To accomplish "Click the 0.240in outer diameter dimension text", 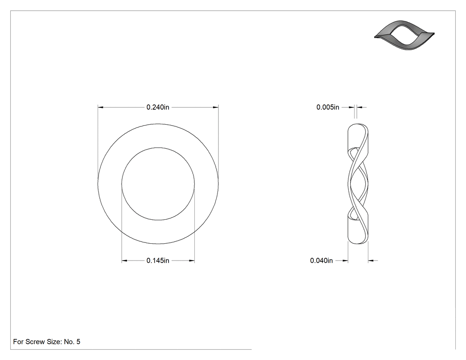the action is click(158, 107).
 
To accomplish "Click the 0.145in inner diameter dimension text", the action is click(158, 261).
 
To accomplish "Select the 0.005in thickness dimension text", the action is click(328, 107).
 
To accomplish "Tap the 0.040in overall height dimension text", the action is click(321, 261).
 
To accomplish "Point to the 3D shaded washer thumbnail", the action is click(404, 35).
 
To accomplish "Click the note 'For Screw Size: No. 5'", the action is click(47, 342).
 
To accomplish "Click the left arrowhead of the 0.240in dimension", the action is click(100, 107).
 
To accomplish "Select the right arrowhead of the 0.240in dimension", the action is click(216, 107).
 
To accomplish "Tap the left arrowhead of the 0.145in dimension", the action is click(124, 261).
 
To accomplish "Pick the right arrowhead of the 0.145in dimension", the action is click(192, 261).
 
